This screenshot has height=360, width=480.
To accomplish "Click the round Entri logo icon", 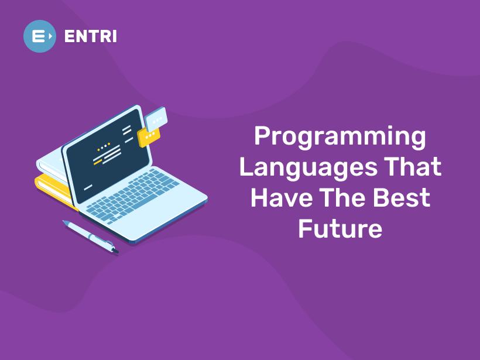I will coord(40,36).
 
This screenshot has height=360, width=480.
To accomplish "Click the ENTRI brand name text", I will coord(90,36).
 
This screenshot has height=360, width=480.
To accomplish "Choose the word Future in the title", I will coord(340,228).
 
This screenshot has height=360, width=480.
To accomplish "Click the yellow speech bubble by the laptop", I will coord(148,136).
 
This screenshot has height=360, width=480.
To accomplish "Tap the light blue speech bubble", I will coord(156,120).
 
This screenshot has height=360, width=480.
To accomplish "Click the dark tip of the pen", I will coord(115,251).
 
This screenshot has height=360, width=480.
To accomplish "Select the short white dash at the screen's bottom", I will coord(88,187).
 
